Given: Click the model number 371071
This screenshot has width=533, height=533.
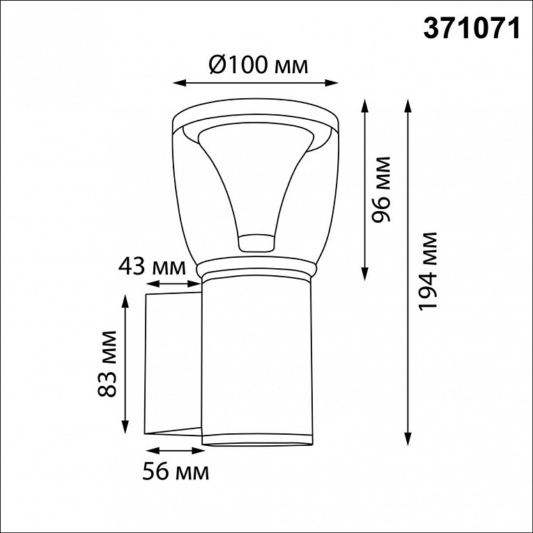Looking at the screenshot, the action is pos(472,29).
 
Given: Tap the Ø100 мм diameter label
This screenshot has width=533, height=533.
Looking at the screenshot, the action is pos(258,65).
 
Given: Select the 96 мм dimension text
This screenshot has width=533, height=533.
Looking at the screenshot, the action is pos(381,190).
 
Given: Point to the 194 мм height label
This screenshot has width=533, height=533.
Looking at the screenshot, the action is pos(428,271).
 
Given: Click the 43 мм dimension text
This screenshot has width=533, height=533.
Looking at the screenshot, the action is pos(152,268).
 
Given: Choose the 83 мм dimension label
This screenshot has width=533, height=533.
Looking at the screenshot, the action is pos(107,364).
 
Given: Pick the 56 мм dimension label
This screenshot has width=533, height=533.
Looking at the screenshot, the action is pos(176,472).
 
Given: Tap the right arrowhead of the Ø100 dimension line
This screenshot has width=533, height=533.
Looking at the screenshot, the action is pos(332,83).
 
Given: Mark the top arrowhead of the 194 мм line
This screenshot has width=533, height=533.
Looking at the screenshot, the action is pos(408,105).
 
